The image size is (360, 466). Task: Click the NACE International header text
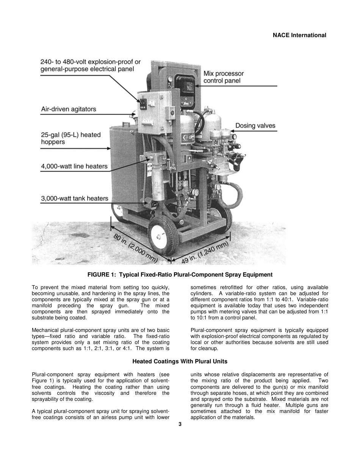pyautogui.click(x=299, y=35)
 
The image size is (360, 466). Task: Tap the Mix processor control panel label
pyautogui.click(x=224, y=77)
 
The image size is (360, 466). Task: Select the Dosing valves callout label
pyautogui.click(x=255, y=126)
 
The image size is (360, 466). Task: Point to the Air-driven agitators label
pyautogui.click(x=69, y=109)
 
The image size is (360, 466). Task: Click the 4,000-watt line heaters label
pyautogui.click(x=74, y=166)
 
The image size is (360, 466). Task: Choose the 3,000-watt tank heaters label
pyautogui.click(x=74, y=198)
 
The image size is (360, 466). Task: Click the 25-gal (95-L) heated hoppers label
pyautogui.click(x=71, y=138)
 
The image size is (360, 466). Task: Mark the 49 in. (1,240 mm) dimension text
pyautogui.click(x=205, y=252)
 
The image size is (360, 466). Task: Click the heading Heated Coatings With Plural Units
pyautogui.click(x=180, y=361)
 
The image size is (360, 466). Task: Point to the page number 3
pyautogui.click(x=180, y=424)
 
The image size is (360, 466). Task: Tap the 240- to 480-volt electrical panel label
pyautogui.click(x=90, y=65)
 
